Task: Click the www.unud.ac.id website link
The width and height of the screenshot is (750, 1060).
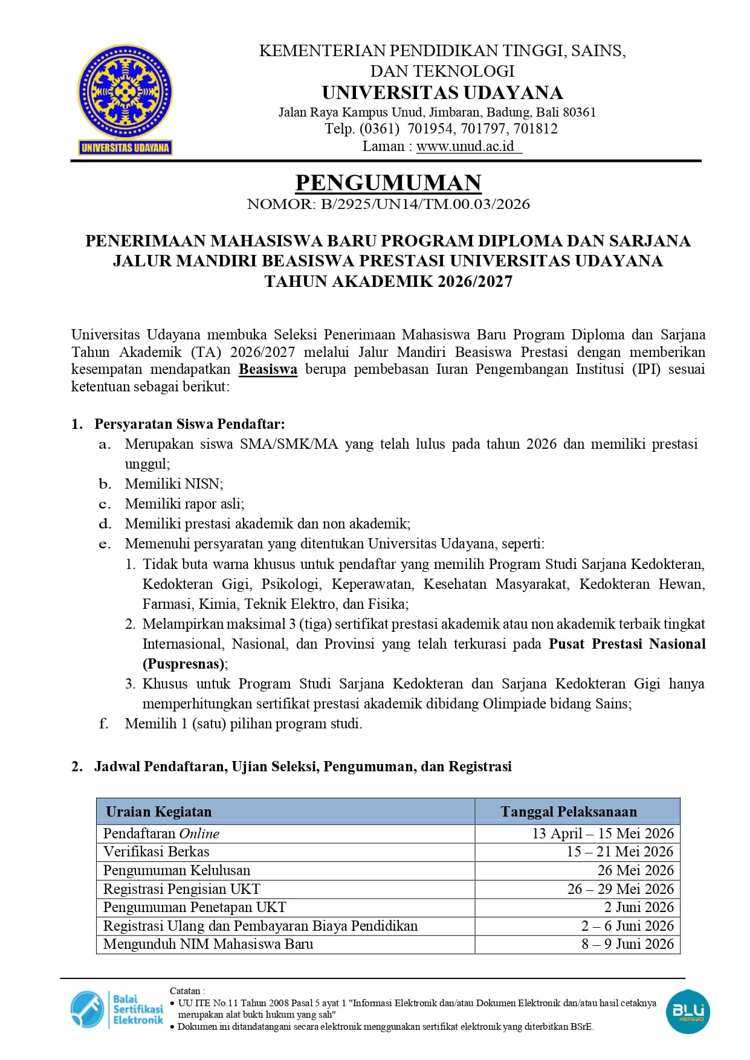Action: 465,146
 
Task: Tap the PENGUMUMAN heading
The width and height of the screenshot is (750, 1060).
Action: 388,182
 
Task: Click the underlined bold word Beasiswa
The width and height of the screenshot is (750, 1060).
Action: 268,369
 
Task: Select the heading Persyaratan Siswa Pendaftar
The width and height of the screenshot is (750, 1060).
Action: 189,424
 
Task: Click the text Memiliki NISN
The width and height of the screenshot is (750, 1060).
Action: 173,484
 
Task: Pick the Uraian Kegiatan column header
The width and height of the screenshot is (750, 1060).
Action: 159,811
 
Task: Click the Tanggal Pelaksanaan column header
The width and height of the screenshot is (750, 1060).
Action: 568,811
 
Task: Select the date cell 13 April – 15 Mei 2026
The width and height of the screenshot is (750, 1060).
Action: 603,834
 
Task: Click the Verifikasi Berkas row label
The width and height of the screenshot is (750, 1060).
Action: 156,852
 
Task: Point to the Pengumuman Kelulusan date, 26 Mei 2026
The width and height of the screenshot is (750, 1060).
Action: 635,870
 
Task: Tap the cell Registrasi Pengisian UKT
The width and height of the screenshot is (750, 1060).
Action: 181,889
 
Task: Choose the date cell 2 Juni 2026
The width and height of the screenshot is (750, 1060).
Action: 639,907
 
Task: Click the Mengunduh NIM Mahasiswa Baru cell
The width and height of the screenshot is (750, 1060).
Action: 208,944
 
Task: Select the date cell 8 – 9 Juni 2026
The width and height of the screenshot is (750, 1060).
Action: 627,944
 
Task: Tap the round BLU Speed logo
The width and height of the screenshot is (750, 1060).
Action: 687,1011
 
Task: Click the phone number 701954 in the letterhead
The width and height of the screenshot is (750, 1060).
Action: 430,129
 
